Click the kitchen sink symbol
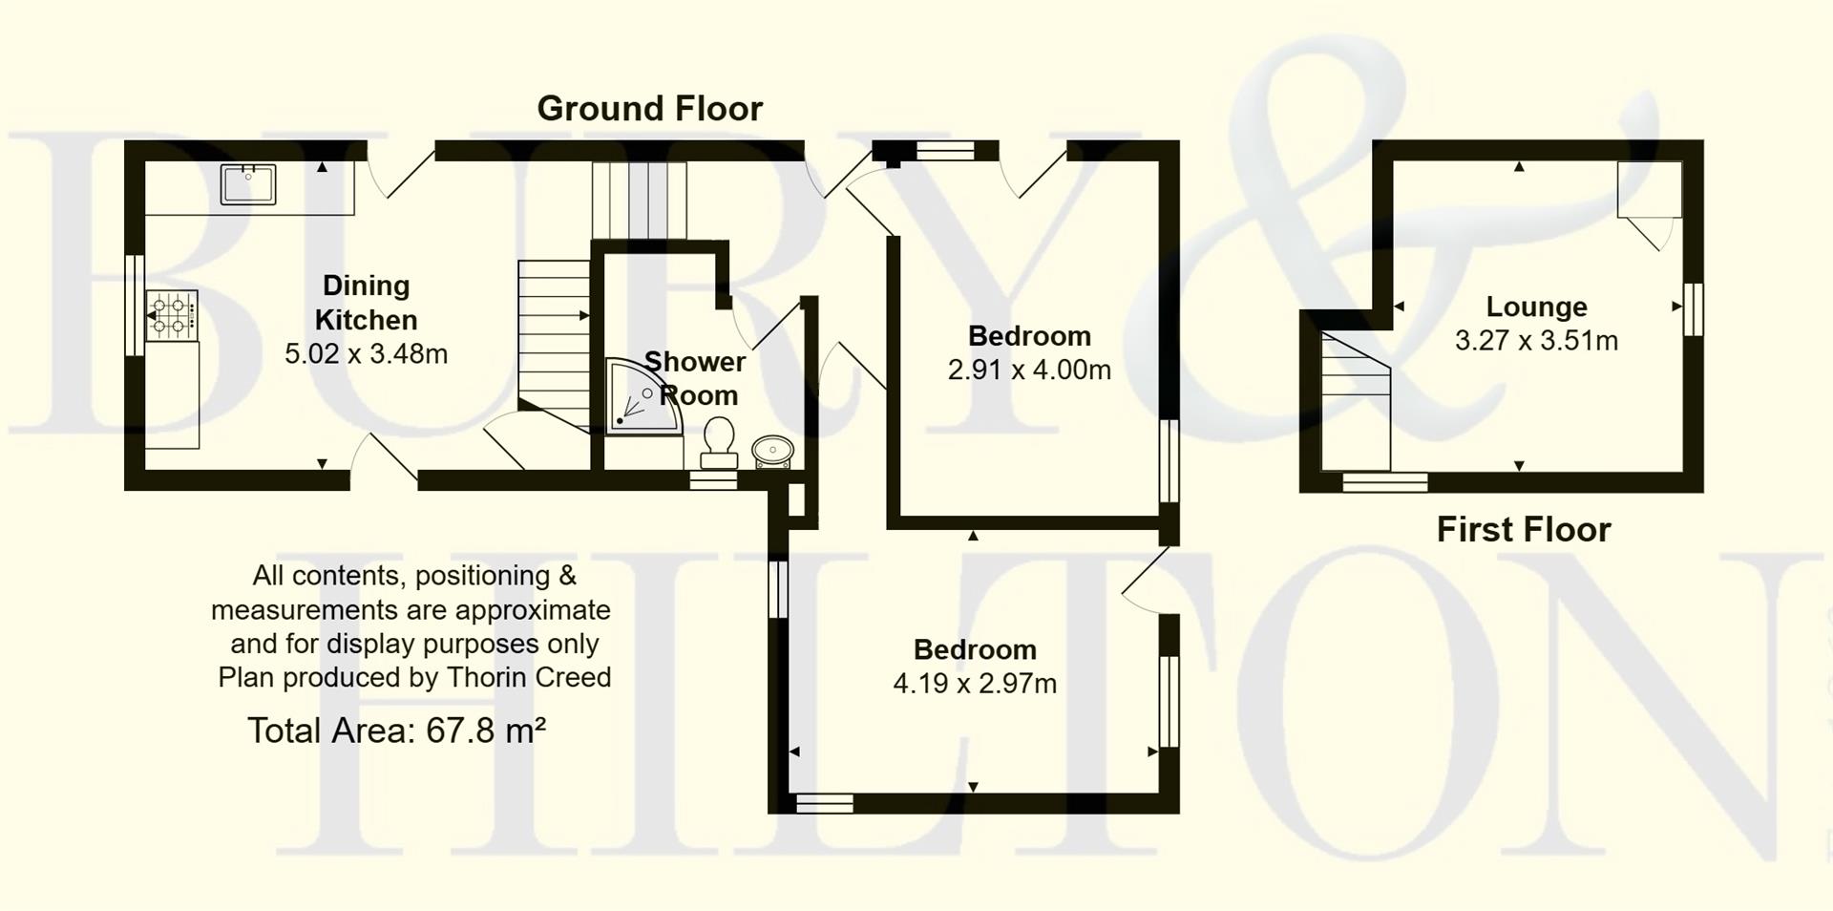[248, 184]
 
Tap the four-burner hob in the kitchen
[171, 316]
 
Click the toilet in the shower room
[718, 441]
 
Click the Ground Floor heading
[649, 109]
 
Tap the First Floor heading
[1523, 530]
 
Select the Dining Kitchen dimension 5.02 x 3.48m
[366, 354]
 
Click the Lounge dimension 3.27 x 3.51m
[1535, 341]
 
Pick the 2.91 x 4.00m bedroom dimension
[1028, 371]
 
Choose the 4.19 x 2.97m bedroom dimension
[974, 684]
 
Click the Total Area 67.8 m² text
[396, 731]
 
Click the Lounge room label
[1535, 307]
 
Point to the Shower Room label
[696, 378]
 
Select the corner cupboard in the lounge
[1649, 189]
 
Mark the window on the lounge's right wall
[1693, 308]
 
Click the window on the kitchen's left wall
[135, 305]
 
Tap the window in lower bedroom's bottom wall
[824, 804]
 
